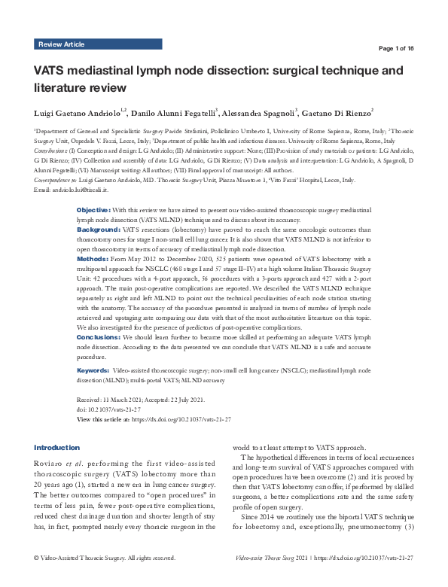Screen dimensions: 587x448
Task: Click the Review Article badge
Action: [61, 44]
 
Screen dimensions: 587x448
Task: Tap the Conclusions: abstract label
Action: [99, 337]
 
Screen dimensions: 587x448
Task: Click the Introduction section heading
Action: [56, 447]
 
